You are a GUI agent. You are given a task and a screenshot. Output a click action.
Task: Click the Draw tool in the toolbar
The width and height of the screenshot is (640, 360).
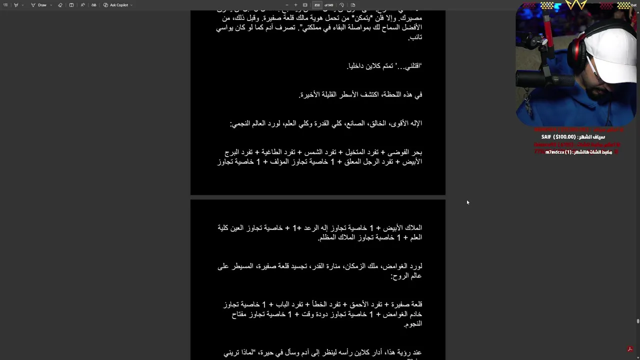click(x=39, y=5)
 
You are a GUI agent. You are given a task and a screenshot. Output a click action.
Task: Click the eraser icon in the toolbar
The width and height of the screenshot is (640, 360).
click(x=60, y=5)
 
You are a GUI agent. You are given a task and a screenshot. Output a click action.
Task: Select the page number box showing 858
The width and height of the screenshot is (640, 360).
click(x=317, y=5)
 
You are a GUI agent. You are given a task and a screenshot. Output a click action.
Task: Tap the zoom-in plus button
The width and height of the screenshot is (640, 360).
click(x=295, y=5)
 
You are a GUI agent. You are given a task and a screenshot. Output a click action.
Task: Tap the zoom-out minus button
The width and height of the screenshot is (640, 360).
click(x=286, y=5)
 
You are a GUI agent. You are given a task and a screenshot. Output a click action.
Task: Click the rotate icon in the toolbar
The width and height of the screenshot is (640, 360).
click(x=341, y=5)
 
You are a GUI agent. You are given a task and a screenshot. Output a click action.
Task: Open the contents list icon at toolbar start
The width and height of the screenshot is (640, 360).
click(x=5, y=5)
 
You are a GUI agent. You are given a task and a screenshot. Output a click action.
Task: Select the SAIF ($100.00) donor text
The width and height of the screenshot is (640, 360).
click(x=572, y=137)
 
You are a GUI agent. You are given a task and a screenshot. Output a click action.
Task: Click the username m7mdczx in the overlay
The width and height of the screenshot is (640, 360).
click(x=555, y=152)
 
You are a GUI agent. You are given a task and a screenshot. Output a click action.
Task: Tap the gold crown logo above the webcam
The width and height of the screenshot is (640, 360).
click(x=575, y=5)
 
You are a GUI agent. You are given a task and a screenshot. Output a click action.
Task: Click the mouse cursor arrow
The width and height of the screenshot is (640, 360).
click(x=467, y=202)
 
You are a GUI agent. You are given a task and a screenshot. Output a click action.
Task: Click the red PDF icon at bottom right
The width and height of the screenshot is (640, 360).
click(x=630, y=349)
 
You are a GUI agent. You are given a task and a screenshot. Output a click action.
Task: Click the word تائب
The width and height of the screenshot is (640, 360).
click(x=416, y=37)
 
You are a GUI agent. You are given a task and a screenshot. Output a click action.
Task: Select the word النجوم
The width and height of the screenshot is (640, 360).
click(x=413, y=324)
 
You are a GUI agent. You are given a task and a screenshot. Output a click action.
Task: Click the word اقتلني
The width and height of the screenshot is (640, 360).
click(x=409, y=66)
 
